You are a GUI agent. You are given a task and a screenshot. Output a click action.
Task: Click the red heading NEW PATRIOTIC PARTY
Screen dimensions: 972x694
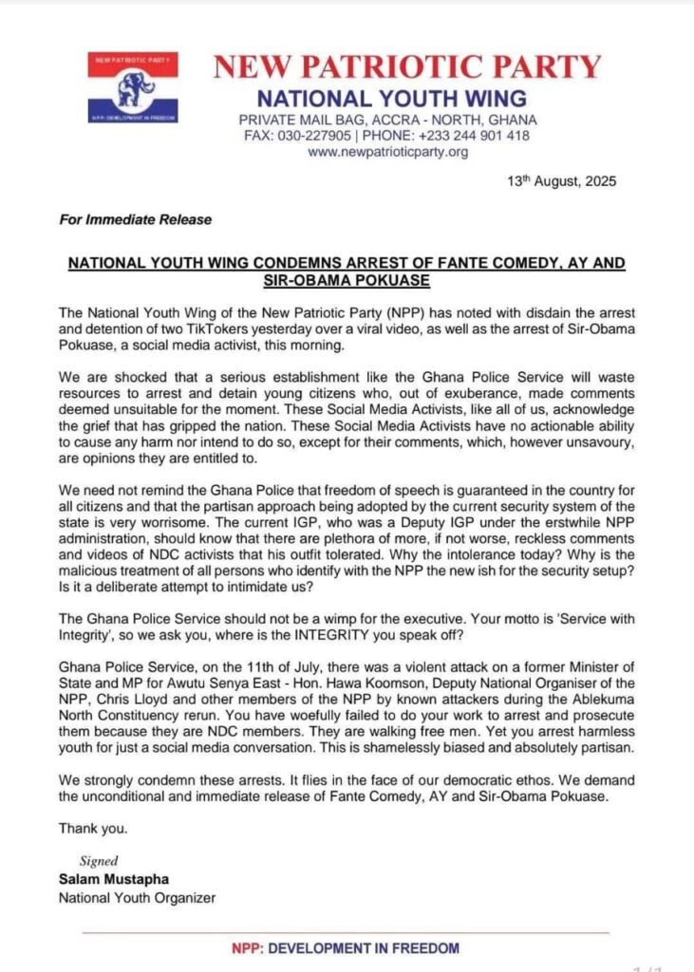(x=406, y=67)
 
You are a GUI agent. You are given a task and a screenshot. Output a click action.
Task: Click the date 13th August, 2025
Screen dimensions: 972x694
(x=562, y=181)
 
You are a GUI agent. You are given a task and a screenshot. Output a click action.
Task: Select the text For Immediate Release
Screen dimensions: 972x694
(x=135, y=219)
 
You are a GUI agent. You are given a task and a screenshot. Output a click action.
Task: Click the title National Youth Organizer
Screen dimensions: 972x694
(x=137, y=896)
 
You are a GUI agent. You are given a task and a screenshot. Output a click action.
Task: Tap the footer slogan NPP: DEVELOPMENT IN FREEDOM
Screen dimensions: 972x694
(x=346, y=947)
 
